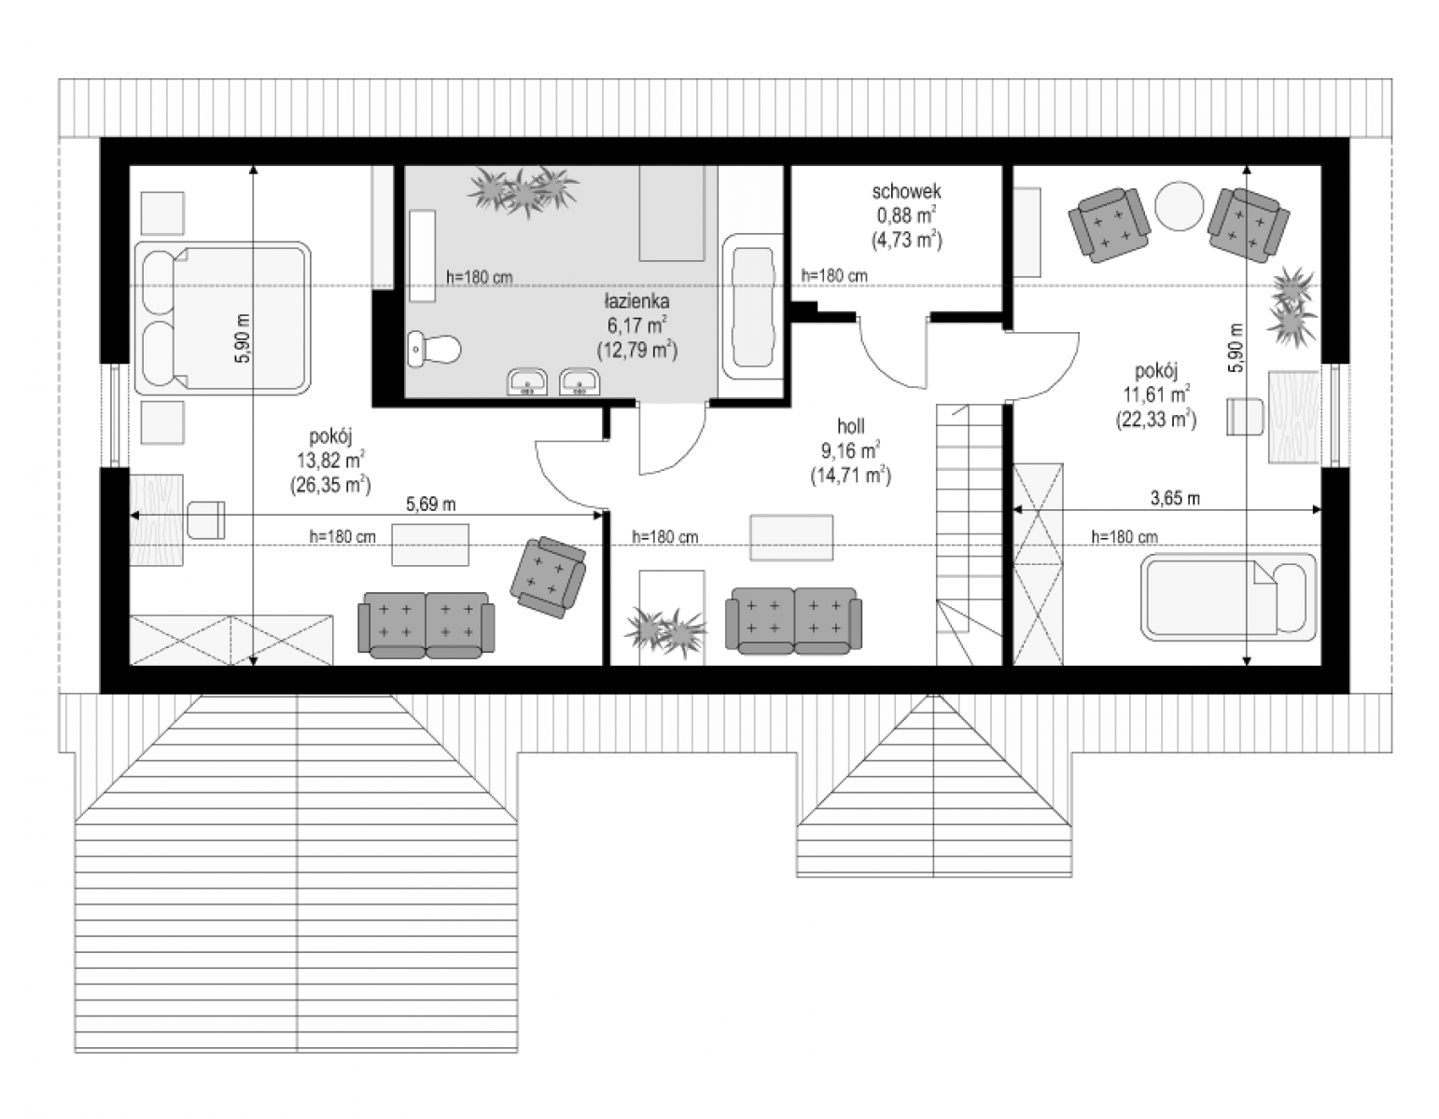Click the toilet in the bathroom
(434, 348)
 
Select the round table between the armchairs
(1179, 206)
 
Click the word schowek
(906, 192)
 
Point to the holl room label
(850, 427)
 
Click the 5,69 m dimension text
(430, 504)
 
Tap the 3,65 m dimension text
(1175, 498)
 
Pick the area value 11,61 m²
(1155, 394)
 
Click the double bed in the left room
(223, 318)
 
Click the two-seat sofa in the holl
(793, 621)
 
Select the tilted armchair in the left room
(549, 576)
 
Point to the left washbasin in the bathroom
(527, 381)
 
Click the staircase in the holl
(969, 534)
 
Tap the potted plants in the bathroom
(524, 190)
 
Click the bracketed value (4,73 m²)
(906, 240)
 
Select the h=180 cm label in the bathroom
(480, 277)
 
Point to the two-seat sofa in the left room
(426, 625)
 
